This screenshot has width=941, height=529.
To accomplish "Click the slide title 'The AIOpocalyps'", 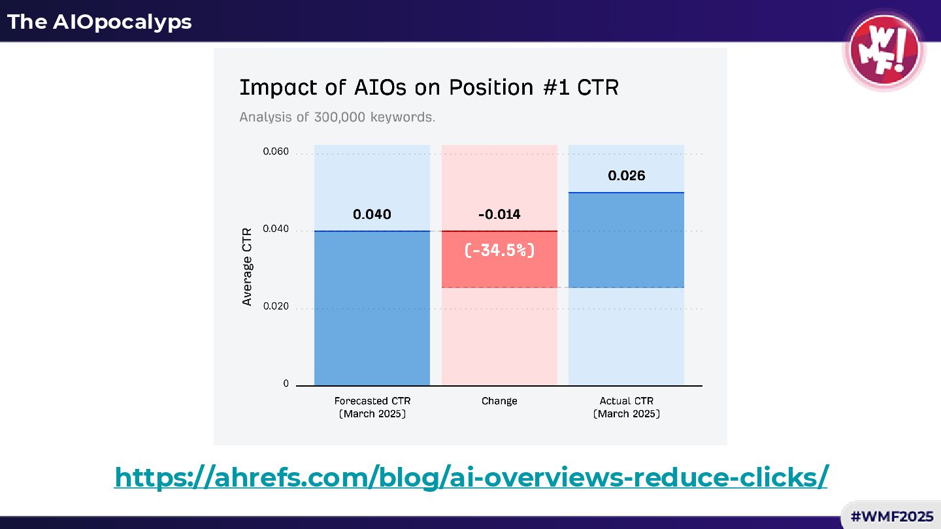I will point(99,22).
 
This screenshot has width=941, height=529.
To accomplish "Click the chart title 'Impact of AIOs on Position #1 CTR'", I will point(429,87).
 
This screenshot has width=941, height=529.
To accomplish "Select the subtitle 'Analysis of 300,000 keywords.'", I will point(337,118).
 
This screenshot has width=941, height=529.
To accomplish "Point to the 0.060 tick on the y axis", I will point(276,152).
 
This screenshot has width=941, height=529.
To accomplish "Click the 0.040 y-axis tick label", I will point(276,229).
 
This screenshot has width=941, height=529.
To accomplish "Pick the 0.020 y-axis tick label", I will point(276,307).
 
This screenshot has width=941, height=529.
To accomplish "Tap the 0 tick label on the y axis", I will point(286,384).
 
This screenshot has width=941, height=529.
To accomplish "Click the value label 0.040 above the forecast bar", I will point(372,214).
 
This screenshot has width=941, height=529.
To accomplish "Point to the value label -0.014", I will point(499,214).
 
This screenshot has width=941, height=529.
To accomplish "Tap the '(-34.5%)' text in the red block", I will point(499,250).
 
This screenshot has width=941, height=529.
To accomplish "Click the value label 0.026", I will point(626,176).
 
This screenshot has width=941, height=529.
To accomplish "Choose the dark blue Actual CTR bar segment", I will point(626,240).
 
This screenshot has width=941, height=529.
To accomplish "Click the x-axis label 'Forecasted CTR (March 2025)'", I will point(372,408).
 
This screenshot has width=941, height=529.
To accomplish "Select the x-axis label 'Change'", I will point(499,401).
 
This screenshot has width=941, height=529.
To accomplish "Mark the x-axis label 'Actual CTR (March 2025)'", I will point(626,408).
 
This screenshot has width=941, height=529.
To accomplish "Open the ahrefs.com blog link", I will point(470,477).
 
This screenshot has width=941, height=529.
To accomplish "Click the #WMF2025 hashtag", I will point(891,517).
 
